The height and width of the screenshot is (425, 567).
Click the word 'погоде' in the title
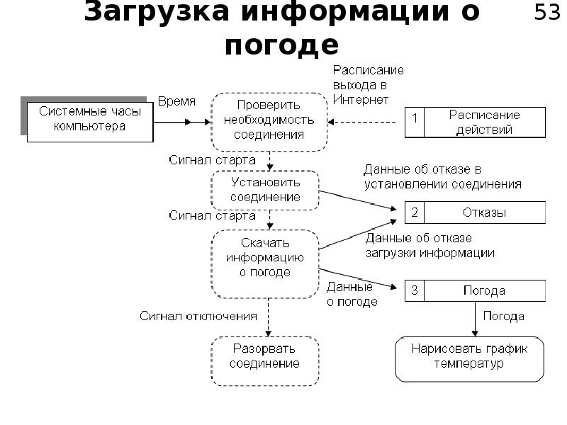pos(281,45)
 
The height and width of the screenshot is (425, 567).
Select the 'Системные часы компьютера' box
pos(90,120)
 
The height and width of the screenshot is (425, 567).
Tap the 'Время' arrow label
pos(176,101)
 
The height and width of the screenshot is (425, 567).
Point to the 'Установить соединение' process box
pos(265,190)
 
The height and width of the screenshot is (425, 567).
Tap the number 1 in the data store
pos(414,121)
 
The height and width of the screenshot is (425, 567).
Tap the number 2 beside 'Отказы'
pos(414,212)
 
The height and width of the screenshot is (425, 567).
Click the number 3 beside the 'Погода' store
pos(414,290)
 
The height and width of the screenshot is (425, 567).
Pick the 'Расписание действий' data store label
pos(484,122)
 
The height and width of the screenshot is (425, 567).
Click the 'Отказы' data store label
pos(484,212)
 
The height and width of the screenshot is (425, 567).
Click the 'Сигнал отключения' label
pos(198,314)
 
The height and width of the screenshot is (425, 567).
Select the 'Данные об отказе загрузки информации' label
pos(430,245)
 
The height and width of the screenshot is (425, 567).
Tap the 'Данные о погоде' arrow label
pos(350,294)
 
